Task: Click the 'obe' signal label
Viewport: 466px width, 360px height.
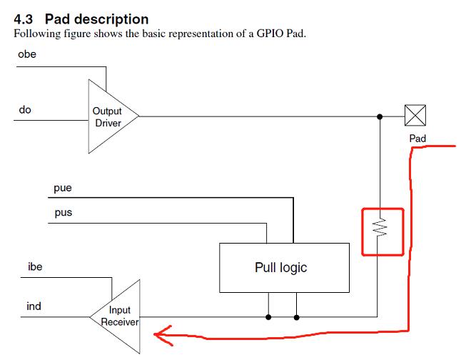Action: pos(27,55)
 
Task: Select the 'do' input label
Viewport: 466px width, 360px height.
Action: pos(25,110)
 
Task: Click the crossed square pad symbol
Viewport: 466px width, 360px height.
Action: pos(415,115)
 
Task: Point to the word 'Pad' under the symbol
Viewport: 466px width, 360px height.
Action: pos(417,138)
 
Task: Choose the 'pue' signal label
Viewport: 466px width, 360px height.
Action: pos(62,189)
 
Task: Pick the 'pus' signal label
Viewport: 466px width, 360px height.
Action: pos(62,213)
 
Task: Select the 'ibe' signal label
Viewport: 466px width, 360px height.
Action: pos(35,267)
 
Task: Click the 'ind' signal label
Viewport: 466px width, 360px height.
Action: pos(34,306)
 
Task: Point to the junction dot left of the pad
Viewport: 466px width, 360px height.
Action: pos(380,116)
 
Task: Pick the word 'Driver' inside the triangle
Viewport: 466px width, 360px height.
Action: pos(108,123)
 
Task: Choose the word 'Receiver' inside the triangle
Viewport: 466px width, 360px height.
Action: pos(120,321)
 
